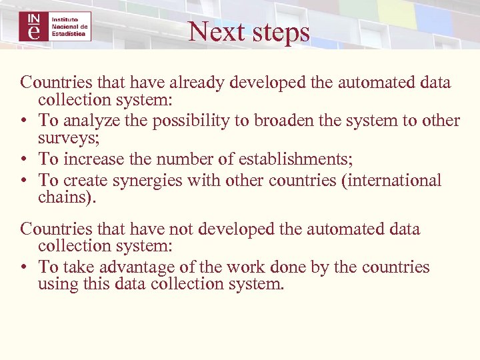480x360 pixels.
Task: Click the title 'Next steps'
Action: [249, 31]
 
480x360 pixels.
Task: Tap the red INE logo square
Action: [33, 26]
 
